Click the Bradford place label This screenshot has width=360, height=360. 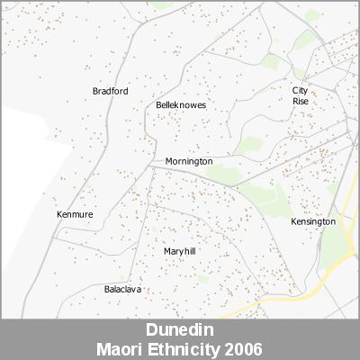tap(111, 91)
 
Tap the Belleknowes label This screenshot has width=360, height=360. tap(181, 105)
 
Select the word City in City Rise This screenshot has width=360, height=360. tap(301, 90)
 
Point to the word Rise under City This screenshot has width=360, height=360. tap(301, 101)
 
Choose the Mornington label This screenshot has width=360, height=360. tap(189, 161)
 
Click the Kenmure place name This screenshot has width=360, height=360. tap(75, 214)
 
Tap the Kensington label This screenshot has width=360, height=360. tap(313, 220)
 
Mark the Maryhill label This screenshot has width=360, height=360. tap(180, 251)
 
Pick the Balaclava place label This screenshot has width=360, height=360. tap(123, 289)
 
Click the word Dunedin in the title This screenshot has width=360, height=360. tap(180, 330)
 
